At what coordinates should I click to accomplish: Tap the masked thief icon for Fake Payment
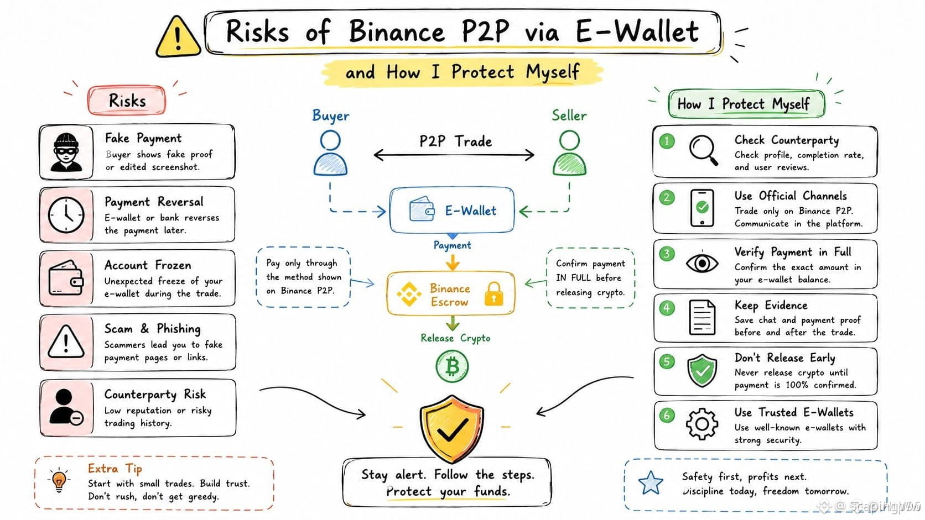pyautogui.click(x=66, y=152)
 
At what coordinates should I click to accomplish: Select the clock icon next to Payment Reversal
pyautogui.click(x=66, y=215)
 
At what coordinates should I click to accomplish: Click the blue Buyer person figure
pyautogui.click(x=330, y=153)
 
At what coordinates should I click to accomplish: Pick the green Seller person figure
pyautogui.click(x=569, y=153)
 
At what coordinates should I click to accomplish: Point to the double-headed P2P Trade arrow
pyautogui.click(x=454, y=155)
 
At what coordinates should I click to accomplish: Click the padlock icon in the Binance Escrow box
pyautogui.click(x=494, y=293)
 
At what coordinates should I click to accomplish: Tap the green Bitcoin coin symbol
pyautogui.click(x=452, y=366)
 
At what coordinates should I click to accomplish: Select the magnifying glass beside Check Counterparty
pyautogui.click(x=703, y=150)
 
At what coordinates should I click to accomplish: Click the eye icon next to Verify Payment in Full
pyautogui.click(x=702, y=263)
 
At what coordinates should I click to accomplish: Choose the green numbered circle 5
pyautogui.click(x=667, y=361)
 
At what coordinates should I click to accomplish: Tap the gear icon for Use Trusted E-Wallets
pyautogui.click(x=702, y=423)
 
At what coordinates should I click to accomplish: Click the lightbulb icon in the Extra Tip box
pyautogui.click(x=59, y=480)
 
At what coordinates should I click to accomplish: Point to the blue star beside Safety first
pyautogui.click(x=651, y=483)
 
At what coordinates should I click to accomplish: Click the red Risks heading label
pyautogui.click(x=127, y=101)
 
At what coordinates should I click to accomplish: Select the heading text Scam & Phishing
pyautogui.click(x=152, y=329)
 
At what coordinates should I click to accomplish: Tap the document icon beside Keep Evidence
pyautogui.click(x=702, y=317)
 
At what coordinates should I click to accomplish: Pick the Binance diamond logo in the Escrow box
pyautogui.click(x=409, y=294)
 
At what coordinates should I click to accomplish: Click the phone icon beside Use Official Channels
pyautogui.click(x=702, y=208)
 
